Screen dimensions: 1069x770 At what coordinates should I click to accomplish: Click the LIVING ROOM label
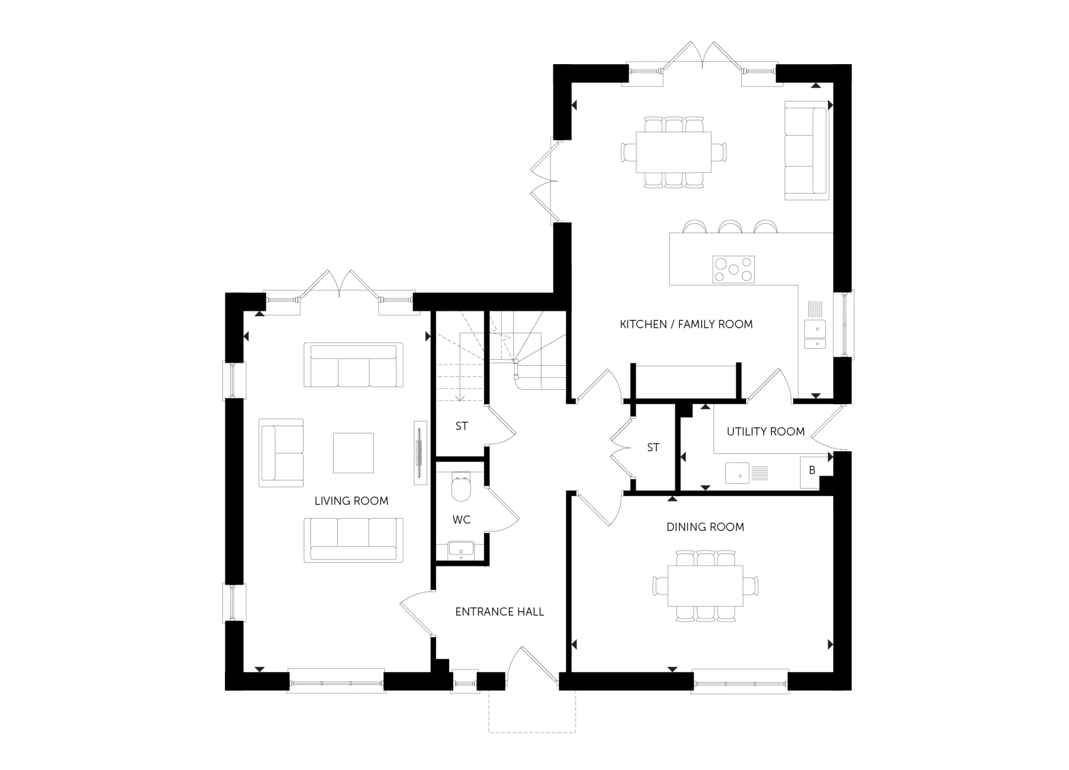point(351,501)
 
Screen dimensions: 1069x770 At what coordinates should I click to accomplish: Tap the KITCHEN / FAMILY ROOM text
point(686,324)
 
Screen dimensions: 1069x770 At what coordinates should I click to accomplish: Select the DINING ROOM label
point(705,527)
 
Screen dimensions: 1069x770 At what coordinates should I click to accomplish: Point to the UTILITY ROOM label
point(765,432)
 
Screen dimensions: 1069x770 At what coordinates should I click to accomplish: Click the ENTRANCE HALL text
point(500,612)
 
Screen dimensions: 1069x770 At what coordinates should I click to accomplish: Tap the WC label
point(461,520)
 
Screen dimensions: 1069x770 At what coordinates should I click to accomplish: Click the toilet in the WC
point(460,487)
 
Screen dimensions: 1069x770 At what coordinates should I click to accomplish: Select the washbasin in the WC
point(461,550)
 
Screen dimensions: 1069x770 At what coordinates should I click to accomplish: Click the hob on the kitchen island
point(733,269)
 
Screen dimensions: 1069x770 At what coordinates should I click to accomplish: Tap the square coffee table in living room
point(353,453)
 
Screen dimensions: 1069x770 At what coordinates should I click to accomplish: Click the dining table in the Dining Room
point(705,586)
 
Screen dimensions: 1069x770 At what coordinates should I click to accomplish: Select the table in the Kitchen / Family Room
point(673,152)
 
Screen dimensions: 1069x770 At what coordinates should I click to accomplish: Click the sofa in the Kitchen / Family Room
point(807,150)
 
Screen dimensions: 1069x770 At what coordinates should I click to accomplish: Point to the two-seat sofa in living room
point(281,453)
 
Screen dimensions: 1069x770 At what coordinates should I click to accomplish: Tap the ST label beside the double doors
point(653,448)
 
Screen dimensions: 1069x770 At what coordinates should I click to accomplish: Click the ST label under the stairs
point(461,426)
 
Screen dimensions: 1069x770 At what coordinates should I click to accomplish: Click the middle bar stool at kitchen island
point(730,227)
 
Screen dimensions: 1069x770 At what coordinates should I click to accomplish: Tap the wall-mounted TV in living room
point(420,453)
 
